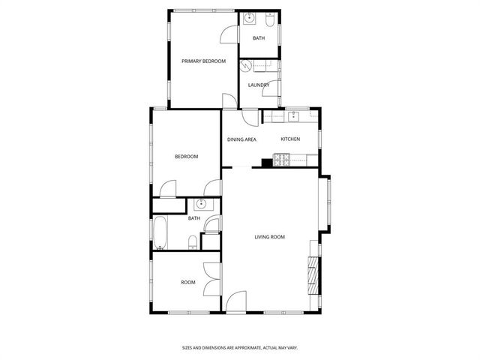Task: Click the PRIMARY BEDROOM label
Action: (x=203, y=61)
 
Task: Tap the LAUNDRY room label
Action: (x=259, y=85)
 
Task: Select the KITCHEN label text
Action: (x=290, y=139)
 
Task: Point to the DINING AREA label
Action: (x=241, y=139)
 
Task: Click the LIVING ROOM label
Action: (x=268, y=237)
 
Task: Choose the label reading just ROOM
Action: (x=187, y=283)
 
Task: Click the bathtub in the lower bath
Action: (x=160, y=233)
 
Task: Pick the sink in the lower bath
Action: (x=201, y=204)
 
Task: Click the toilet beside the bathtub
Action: (x=193, y=241)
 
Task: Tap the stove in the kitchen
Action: (x=283, y=158)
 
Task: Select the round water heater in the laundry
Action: (x=245, y=66)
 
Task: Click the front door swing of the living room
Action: (x=237, y=301)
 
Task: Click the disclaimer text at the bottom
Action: (x=240, y=347)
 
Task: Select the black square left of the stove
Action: (x=266, y=161)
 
